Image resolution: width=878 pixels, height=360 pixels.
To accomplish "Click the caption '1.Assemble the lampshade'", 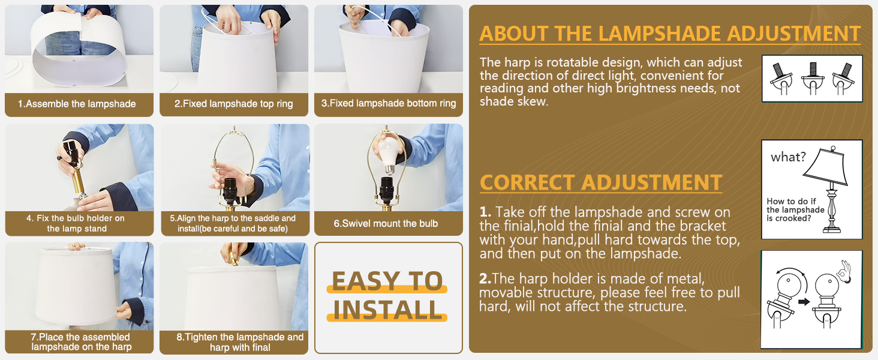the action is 77,104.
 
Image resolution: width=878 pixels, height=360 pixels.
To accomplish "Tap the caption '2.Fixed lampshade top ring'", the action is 234,104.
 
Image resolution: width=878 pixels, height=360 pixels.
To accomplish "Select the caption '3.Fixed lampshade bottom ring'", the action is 389,103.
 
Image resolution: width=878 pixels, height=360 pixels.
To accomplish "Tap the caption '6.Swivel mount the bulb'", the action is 386,224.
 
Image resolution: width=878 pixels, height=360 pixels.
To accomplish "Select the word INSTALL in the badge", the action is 387,310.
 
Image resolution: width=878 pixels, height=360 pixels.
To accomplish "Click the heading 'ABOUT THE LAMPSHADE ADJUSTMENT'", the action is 670,34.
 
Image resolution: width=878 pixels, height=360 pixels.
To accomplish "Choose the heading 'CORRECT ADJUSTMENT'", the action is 601,182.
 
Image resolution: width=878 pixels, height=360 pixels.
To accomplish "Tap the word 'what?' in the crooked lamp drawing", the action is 788,157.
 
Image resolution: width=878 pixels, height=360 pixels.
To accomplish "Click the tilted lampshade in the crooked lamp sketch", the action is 825,166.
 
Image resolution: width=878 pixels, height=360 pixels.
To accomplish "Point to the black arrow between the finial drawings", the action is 804,302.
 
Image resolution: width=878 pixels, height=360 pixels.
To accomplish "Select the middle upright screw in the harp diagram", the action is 812,70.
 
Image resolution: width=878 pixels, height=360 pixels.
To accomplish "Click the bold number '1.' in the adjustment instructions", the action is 485,212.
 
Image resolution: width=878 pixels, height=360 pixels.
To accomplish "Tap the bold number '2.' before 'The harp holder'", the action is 485,279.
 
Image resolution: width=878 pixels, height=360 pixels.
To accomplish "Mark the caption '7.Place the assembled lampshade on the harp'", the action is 81,342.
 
